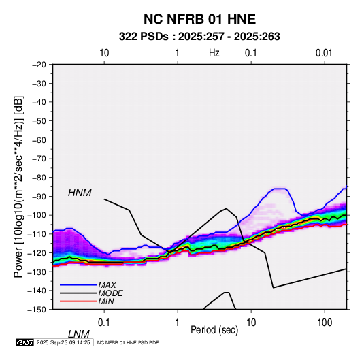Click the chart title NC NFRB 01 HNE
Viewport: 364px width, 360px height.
click(x=199, y=19)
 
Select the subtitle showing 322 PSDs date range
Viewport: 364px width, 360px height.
click(x=199, y=37)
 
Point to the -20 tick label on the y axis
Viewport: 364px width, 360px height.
click(x=39, y=65)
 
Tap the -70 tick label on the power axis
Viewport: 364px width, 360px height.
click(x=39, y=159)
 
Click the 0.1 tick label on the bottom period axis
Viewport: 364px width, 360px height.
click(x=104, y=323)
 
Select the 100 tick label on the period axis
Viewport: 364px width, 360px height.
click(x=325, y=323)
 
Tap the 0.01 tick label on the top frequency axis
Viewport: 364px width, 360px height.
click(x=324, y=53)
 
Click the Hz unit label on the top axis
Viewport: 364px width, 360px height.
click(x=214, y=53)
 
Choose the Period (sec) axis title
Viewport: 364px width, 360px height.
click(x=214, y=330)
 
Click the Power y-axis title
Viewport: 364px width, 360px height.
click(x=18, y=186)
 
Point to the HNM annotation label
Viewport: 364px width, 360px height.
click(x=80, y=193)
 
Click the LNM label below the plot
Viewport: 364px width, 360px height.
click(x=78, y=334)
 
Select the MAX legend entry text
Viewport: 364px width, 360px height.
click(x=107, y=285)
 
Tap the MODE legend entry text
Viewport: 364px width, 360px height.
click(x=110, y=293)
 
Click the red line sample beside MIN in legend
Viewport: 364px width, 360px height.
click(x=78, y=301)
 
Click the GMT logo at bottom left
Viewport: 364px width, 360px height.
click(x=25, y=342)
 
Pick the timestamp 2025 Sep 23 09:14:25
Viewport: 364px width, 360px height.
click(x=63, y=342)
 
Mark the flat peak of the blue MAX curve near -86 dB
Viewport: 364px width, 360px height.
click(x=280, y=189)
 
